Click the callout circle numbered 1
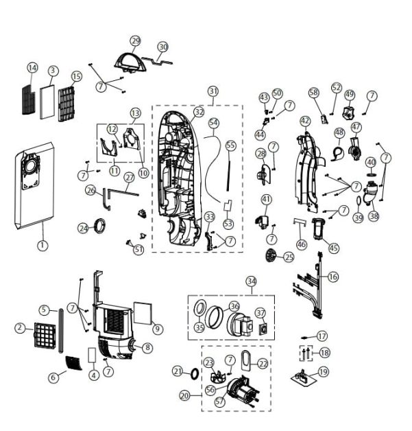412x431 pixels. (x=43, y=244)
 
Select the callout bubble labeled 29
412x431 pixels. (x=135, y=41)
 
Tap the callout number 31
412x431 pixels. (x=213, y=91)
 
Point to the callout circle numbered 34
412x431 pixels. (x=252, y=281)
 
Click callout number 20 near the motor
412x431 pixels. (x=184, y=395)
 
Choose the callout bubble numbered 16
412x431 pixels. (x=332, y=277)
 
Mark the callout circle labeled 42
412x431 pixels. (x=305, y=121)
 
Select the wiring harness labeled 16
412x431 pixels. (x=312, y=288)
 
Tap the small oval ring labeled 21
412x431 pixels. (x=195, y=372)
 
